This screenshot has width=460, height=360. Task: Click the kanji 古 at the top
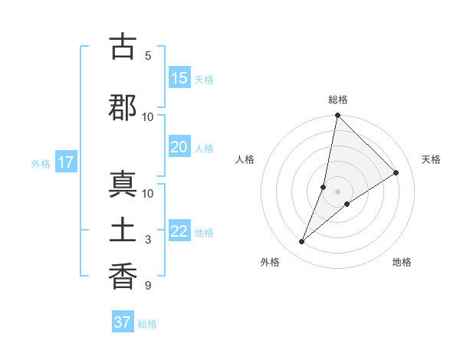tap(123, 47)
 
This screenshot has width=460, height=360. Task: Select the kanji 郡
tap(123, 106)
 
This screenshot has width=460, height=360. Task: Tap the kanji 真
tap(123, 185)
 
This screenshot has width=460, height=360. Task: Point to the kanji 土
tap(123, 231)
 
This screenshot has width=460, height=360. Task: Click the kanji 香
tap(123, 275)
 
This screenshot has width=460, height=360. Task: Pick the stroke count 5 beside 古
tap(147, 55)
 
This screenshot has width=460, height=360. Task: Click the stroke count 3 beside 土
tap(147, 240)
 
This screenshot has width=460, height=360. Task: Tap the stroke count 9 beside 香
tap(147, 286)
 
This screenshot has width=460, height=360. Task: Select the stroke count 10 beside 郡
tap(148, 116)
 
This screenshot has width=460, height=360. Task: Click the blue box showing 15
tap(179, 78)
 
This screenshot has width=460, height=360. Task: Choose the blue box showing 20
tap(179, 148)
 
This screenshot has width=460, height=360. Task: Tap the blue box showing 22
tap(179, 232)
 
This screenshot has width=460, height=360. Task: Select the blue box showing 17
tap(65, 162)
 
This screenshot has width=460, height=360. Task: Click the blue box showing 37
tap(122, 322)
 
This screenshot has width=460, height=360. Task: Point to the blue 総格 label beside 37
tap(147, 324)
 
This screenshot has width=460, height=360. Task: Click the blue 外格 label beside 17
tap(41, 163)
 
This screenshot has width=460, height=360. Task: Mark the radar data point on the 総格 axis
tap(337, 116)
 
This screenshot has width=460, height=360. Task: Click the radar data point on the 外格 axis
tap(302, 242)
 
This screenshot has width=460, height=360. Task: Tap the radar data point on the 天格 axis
tap(396, 173)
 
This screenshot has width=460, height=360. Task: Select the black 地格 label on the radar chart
tap(402, 262)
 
